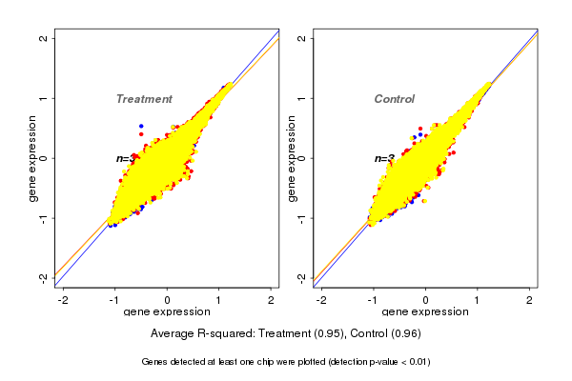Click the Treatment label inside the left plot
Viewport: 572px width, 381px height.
point(144,99)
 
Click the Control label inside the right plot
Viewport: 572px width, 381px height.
point(394,99)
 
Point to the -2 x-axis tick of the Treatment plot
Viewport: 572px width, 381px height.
point(63,300)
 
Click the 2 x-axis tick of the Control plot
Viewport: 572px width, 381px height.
point(530,300)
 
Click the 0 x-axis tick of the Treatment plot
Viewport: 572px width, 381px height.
point(168,300)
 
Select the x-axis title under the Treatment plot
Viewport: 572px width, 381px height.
point(168,312)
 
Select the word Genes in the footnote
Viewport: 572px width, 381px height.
point(155,362)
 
